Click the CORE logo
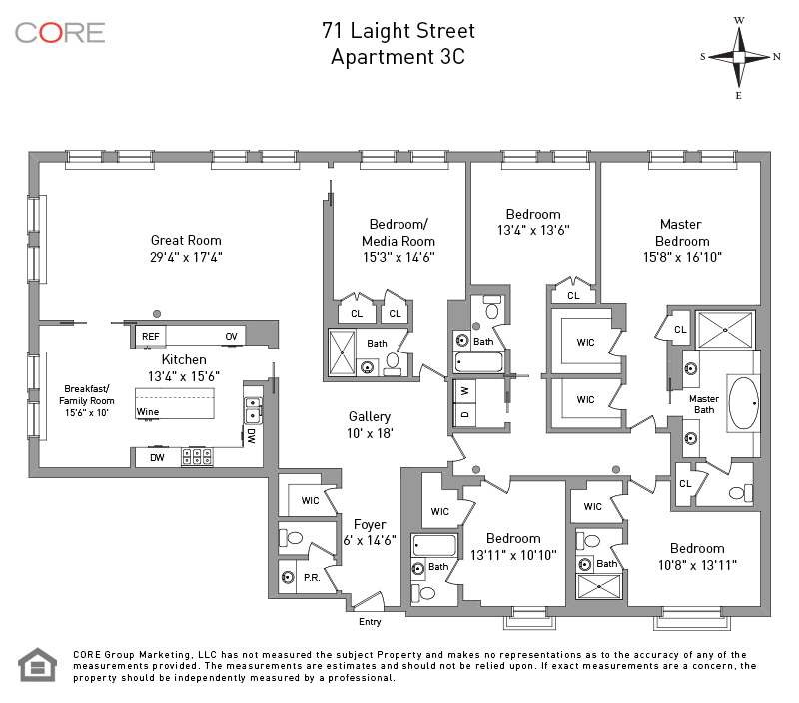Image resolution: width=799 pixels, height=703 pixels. pyautogui.click(x=60, y=33)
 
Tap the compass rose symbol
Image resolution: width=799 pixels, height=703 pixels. pyautogui.click(x=739, y=57)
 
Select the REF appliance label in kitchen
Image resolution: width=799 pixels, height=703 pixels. pyautogui.click(x=151, y=337)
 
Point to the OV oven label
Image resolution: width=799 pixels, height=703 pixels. pyautogui.click(x=231, y=337)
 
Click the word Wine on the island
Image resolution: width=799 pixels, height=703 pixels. pyautogui.click(x=147, y=412)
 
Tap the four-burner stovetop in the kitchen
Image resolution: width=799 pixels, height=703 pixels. pyautogui.click(x=197, y=456)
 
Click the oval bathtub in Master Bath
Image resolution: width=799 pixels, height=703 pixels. pyautogui.click(x=743, y=404)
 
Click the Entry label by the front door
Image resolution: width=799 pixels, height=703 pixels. pyautogui.click(x=370, y=622)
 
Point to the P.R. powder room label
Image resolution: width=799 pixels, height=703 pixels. pyautogui.click(x=312, y=578)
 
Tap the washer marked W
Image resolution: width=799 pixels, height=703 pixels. pyautogui.click(x=464, y=391)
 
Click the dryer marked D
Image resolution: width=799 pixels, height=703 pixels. pyautogui.click(x=464, y=414)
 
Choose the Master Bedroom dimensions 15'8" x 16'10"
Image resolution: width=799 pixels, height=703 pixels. pyautogui.click(x=682, y=257)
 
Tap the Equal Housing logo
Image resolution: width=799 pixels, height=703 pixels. pyautogui.click(x=38, y=665)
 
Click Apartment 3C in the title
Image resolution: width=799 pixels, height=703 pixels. pyautogui.click(x=398, y=57)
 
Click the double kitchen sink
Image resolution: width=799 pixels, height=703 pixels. pyautogui.click(x=253, y=410)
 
